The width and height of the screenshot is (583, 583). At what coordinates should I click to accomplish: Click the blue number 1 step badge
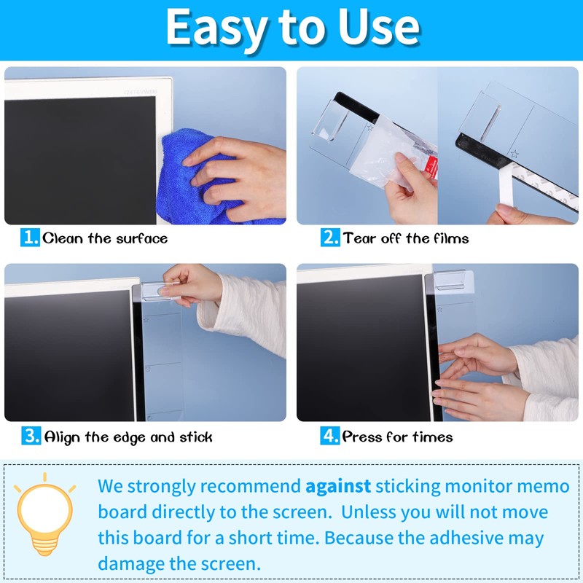tap(30, 238)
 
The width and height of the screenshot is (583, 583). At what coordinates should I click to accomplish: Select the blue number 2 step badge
tap(330, 238)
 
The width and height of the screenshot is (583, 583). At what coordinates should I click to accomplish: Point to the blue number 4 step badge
tap(330, 437)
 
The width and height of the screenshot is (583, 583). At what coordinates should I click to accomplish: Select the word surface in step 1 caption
tap(138, 238)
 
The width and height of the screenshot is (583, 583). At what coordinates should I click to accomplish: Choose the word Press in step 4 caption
tap(362, 437)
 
